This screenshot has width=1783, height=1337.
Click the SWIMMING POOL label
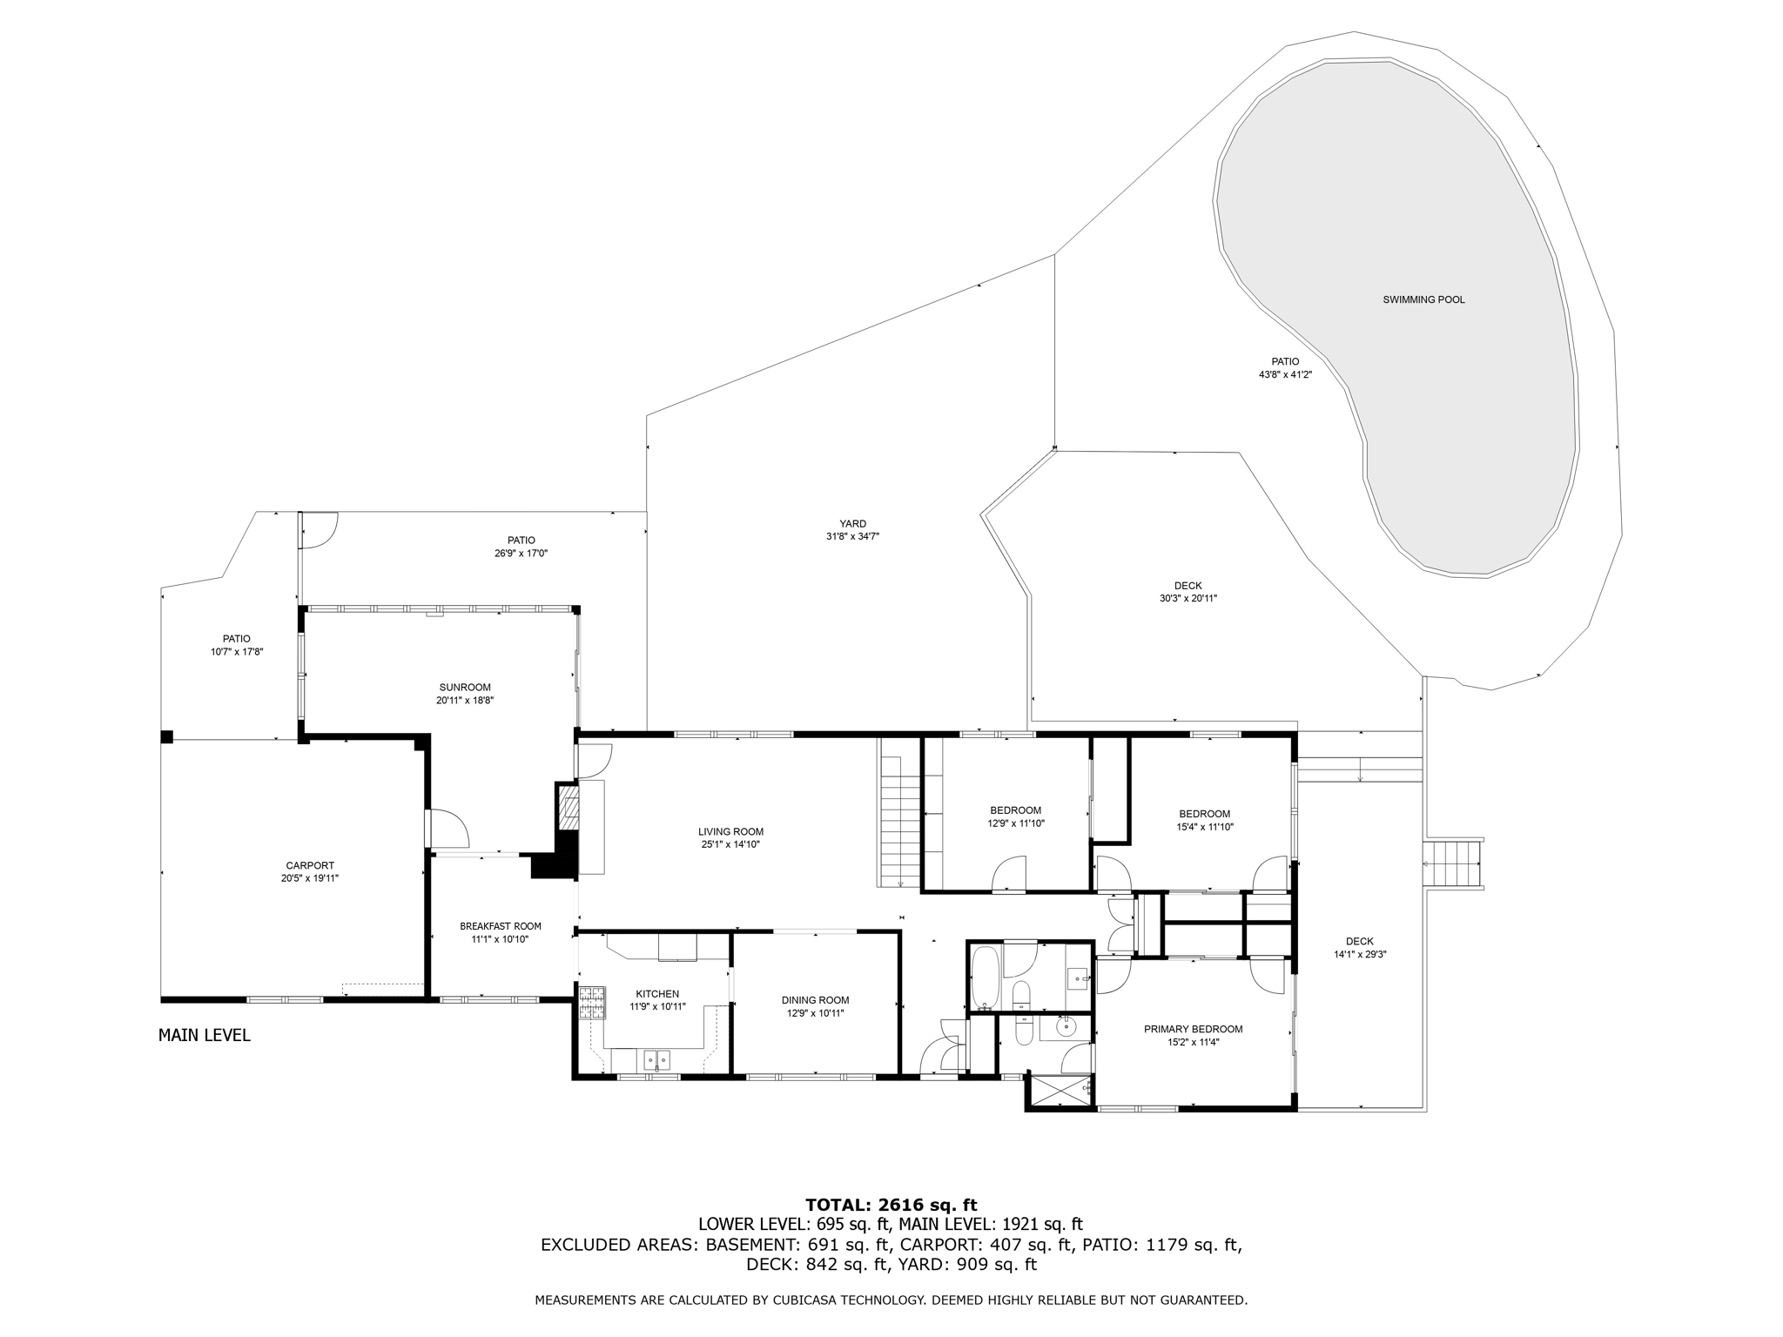(x=1423, y=299)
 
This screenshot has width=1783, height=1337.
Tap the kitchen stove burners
(x=592, y=1002)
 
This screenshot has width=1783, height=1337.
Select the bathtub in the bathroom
(x=986, y=978)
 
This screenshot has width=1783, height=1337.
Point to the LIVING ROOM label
(x=730, y=831)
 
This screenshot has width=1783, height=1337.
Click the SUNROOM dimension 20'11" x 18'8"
(x=465, y=700)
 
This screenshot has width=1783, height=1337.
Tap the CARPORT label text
(x=310, y=865)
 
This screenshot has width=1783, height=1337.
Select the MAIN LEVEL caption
(x=205, y=1035)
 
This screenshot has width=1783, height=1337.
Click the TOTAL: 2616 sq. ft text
(x=891, y=1205)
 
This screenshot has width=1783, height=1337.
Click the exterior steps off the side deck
(x=1452, y=863)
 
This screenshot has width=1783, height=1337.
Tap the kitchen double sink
(x=656, y=1059)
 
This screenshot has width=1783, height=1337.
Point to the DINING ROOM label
(x=815, y=1000)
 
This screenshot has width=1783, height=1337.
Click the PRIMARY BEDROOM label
(x=1193, y=1029)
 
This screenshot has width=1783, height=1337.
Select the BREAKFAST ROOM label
(x=501, y=926)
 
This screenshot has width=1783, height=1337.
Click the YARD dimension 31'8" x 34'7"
(x=852, y=536)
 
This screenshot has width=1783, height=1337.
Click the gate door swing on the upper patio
(x=319, y=530)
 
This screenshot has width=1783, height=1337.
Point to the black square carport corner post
(x=167, y=736)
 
